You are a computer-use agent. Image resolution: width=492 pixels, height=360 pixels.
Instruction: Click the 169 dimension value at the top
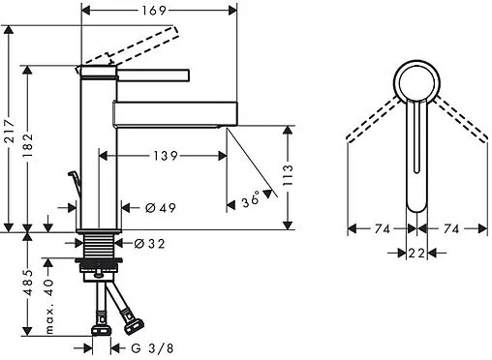pos(154,11)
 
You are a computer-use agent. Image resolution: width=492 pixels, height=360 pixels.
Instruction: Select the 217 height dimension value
pos(10,131)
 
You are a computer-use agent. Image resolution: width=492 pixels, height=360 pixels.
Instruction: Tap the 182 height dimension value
pos(28,145)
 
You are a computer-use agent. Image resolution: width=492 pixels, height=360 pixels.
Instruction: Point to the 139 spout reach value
pos(166,156)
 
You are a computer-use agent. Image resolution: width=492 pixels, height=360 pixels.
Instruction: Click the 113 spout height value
pos(288,175)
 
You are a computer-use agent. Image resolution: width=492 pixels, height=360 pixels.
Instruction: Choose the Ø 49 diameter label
pos(161,208)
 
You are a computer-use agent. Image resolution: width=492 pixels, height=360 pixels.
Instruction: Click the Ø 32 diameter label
pos(149,244)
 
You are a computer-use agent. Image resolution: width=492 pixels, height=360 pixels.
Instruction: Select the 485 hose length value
pos(28,283)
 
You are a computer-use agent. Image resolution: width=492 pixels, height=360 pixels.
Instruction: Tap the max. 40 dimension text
pos(49,307)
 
